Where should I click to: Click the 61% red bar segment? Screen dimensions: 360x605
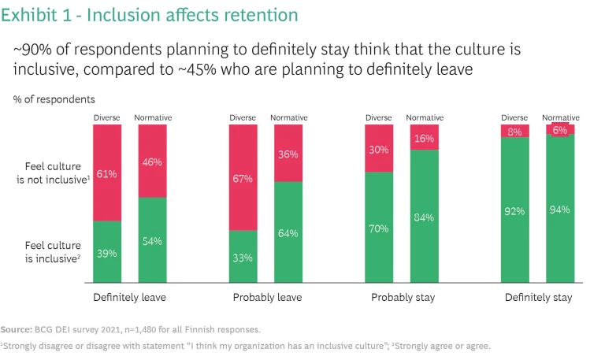pyautogui.click(x=107, y=173)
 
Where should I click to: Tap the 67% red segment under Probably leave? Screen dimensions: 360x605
pyautogui.click(x=243, y=177)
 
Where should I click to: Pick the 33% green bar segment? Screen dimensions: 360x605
pyautogui.click(x=243, y=257)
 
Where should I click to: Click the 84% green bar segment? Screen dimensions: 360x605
pyautogui.click(x=425, y=216)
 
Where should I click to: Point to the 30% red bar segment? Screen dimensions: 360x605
pyautogui.click(x=379, y=148)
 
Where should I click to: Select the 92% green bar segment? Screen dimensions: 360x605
pyautogui.click(x=515, y=210)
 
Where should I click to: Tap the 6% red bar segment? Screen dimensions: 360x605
pyautogui.click(x=560, y=129)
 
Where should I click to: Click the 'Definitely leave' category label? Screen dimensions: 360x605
pyautogui.click(x=129, y=298)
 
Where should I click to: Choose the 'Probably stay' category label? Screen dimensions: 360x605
pyautogui.click(x=403, y=298)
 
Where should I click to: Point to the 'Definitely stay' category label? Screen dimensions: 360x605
pyautogui.click(x=539, y=298)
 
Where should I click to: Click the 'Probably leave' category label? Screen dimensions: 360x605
pyautogui.click(x=267, y=298)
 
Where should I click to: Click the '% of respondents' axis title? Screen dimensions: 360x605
pyautogui.click(x=54, y=100)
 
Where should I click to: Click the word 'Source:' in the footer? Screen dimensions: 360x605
pyautogui.click(x=16, y=328)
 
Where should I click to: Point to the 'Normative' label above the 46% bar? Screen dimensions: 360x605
pyautogui.click(x=153, y=118)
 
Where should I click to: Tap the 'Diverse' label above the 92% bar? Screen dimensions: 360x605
pyautogui.click(x=515, y=118)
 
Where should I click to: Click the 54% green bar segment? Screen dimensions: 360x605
pyautogui.click(x=153, y=240)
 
